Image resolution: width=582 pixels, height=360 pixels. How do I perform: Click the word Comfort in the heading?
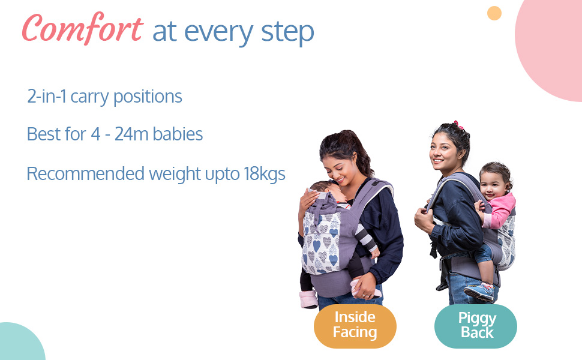(82, 29)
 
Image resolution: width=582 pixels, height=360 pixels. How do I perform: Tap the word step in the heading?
(287, 32)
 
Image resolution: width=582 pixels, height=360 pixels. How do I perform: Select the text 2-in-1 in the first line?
(47, 97)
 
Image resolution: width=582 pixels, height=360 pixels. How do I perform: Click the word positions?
(148, 97)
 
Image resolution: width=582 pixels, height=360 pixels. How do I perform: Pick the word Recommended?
(85, 173)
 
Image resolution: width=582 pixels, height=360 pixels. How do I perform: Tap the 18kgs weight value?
(264, 174)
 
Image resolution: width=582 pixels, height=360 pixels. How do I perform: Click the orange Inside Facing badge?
(355, 326)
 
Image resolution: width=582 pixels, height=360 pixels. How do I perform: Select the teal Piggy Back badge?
(476, 326)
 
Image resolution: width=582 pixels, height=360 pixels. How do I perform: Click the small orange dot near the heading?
(494, 13)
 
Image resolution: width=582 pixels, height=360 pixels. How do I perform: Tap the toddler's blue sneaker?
(479, 292)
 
